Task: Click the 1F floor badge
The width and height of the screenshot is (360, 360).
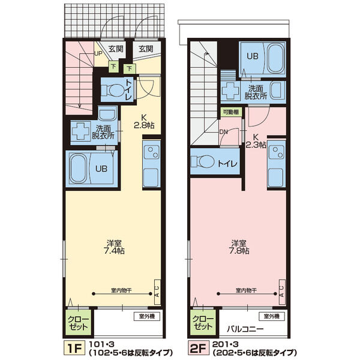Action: pyautogui.click(x=74, y=347)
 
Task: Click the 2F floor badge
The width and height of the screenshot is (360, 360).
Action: pyautogui.click(x=199, y=347)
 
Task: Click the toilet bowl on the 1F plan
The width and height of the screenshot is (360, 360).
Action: pyautogui.click(x=114, y=91)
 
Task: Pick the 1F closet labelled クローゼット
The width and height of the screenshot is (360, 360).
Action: pyautogui.click(x=77, y=323)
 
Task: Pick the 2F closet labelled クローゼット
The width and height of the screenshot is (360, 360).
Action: pyautogui.click(x=202, y=323)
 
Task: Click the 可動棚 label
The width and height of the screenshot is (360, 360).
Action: pyautogui.click(x=231, y=112)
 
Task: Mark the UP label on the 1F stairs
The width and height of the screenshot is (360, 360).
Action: pyautogui.click(x=98, y=53)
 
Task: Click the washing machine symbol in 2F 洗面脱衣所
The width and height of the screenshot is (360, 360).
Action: pyautogui.click(x=231, y=91)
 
